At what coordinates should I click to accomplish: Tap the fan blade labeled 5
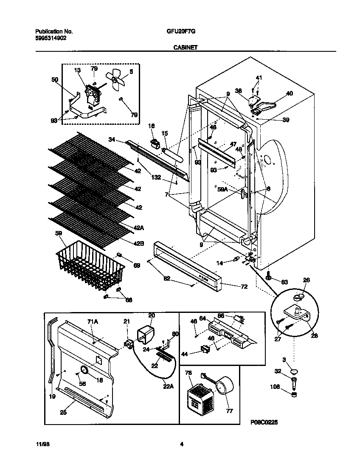[x=116, y=80]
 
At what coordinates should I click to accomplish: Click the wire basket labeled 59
[x=90, y=264]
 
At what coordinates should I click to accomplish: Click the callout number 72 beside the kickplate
[x=244, y=287]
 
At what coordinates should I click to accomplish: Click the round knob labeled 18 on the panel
[x=84, y=371]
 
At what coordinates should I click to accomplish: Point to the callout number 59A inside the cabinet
[x=222, y=191]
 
